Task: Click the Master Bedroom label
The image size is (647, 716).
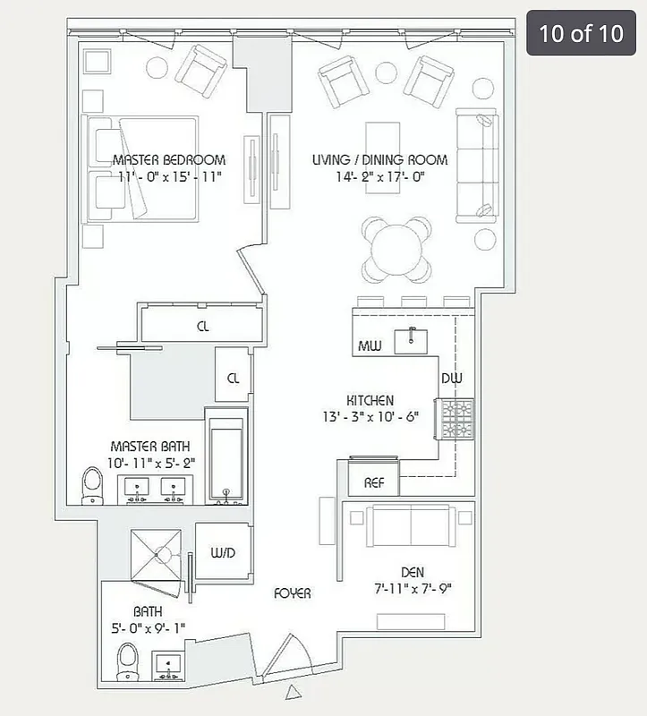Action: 169,160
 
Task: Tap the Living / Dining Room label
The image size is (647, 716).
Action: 379,160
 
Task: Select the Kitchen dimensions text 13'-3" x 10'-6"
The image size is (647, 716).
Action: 370,417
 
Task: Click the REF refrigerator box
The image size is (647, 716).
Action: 373,482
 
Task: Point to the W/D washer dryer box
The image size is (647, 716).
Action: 222,553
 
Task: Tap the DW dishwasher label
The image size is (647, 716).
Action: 451,379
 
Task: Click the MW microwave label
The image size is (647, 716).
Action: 370,346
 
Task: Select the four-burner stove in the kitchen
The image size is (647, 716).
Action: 455,418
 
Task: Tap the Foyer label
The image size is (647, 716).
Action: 293,593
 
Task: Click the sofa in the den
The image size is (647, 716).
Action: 409,522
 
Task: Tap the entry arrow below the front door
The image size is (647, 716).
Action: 292,693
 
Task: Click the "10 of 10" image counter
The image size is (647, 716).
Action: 580,34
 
